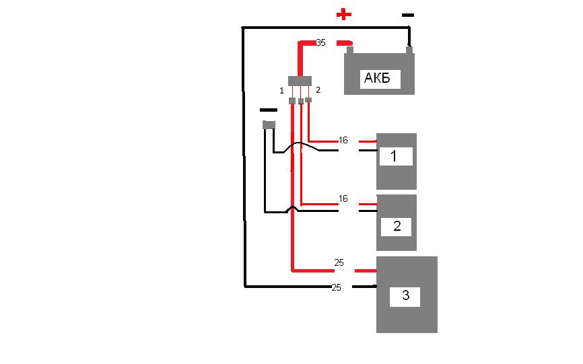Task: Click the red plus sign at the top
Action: click(x=344, y=14)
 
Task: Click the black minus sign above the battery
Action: click(x=407, y=15)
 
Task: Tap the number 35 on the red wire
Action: click(x=320, y=42)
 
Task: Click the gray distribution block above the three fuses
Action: click(x=300, y=81)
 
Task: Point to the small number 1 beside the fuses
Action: click(x=282, y=90)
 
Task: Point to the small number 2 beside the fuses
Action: click(x=318, y=89)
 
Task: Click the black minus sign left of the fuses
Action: click(x=268, y=110)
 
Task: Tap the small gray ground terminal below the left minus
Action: click(x=269, y=124)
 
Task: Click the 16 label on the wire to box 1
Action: click(x=343, y=141)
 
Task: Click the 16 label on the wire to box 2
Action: click(x=343, y=199)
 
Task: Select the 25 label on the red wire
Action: click(x=339, y=262)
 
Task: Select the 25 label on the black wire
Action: click(x=337, y=287)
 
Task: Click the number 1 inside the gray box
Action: click(x=394, y=157)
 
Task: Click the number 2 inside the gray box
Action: click(x=397, y=226)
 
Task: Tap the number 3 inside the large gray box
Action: click(x=405, y=295)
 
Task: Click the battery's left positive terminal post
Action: click(x=349, y=49)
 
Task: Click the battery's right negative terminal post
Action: click(x=408, y=48)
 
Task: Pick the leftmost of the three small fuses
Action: click(x=292, y=101)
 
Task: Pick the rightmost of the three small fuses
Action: click(x=308, y=100)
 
